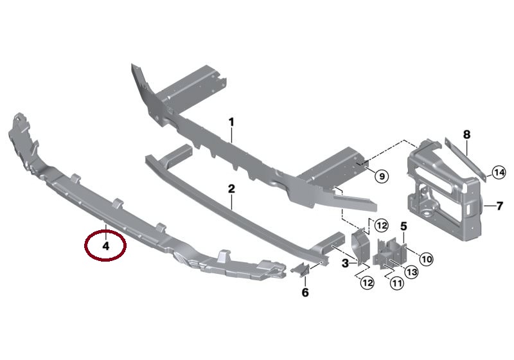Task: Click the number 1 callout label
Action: coord(231,123)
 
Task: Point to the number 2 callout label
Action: coord(231,189)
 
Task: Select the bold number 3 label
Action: coord(345,263)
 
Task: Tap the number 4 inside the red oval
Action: coord(105,246)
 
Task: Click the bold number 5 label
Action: coord(403,226)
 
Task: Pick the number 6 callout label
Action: coord(305,292)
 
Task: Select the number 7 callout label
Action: coord(500,206)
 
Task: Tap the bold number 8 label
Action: coord(466,134)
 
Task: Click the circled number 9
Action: coord(382,176)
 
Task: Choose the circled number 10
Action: coord(426,259)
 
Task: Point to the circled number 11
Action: coord(397,283)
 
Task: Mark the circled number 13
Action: coord(411,272)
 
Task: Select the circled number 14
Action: coord(499,172)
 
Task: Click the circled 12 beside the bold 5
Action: coord(382,226)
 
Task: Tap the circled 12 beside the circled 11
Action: coord(367,282)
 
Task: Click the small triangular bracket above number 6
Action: coord(300,270)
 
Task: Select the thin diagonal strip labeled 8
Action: coord(465,158)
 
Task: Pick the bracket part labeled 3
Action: coord(360,247)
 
